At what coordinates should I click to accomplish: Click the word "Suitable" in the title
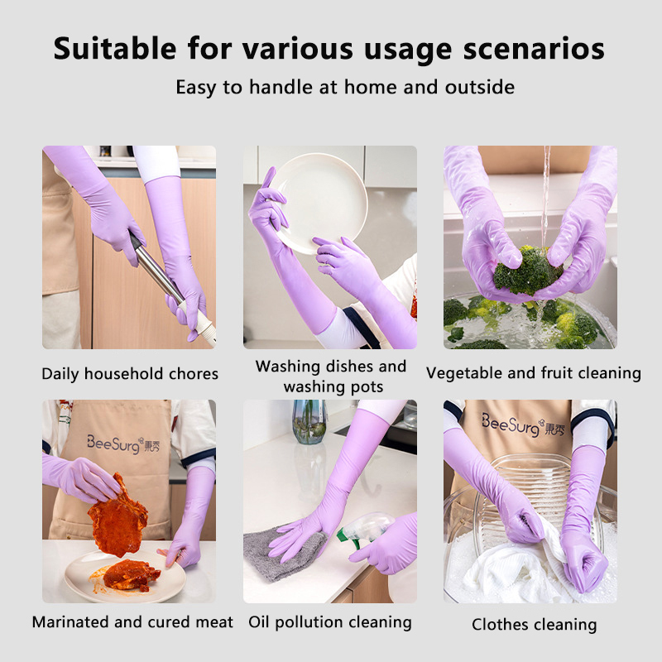115,48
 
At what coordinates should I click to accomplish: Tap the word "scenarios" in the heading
534,49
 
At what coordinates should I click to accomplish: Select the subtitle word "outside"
480,87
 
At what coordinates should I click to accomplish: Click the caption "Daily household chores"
130,374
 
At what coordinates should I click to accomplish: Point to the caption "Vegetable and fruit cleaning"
534,373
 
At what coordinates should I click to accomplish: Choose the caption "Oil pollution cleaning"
329,622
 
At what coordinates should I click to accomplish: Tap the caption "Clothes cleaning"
534,625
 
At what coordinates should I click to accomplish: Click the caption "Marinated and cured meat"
132,622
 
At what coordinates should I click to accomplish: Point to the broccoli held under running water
527,271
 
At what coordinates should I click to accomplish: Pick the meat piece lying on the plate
132,575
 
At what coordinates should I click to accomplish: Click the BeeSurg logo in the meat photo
123,444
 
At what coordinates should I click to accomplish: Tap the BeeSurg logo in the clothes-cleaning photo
523,425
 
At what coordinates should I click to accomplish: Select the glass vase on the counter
309,421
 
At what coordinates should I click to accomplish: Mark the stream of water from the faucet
546,195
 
